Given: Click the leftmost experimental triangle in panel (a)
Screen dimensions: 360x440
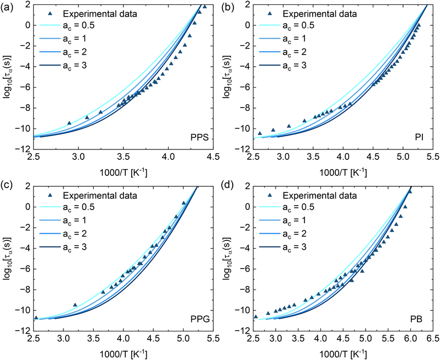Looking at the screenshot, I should pos(69,123).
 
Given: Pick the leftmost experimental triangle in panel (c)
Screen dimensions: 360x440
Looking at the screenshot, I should pos(36,318).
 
